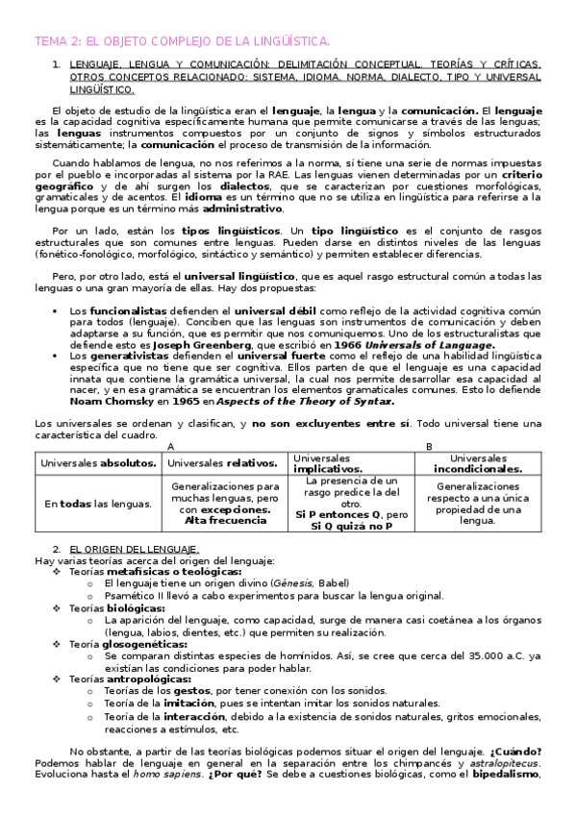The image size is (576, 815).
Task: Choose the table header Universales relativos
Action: pyautogui.click(x=224, y=462)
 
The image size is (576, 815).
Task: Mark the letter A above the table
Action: pyautogui.click(x=171, y=446)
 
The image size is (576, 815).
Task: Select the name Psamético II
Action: pyautogui.click(x=140, y=596)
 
